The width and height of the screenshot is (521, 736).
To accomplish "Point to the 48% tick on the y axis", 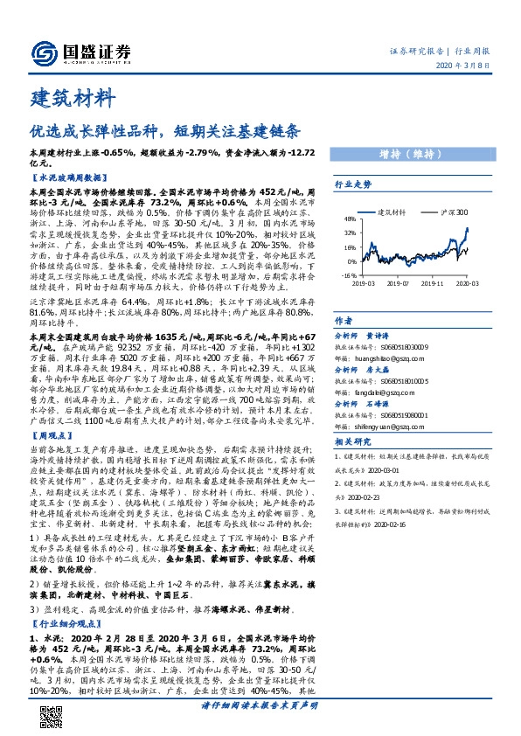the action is coord(350,219).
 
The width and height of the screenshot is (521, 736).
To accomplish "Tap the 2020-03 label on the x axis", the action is coord(466,282).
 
